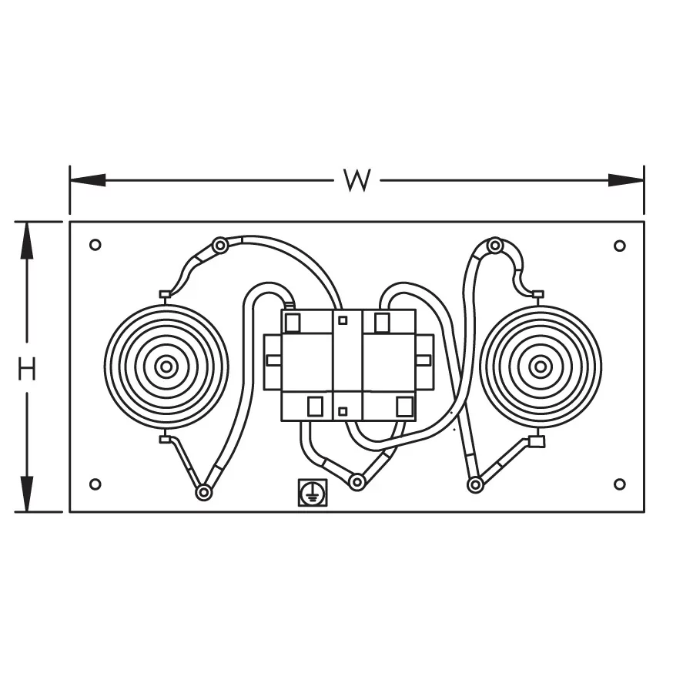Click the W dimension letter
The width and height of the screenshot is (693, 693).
click(357, 180)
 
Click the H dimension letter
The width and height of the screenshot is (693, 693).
click(27, 369)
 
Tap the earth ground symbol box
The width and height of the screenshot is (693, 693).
click(313, 492)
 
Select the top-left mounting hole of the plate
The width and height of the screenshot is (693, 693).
click(95, 244)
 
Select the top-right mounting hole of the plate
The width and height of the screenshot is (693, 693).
click(620, 246)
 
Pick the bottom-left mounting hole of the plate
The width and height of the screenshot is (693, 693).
click(95, 484)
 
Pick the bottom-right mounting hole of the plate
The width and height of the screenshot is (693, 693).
click(620, 484)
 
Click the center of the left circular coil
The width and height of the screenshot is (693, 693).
click(166, 367)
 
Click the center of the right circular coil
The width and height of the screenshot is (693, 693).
click(540, 367)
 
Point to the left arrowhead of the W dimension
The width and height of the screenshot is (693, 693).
click(88, 180)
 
